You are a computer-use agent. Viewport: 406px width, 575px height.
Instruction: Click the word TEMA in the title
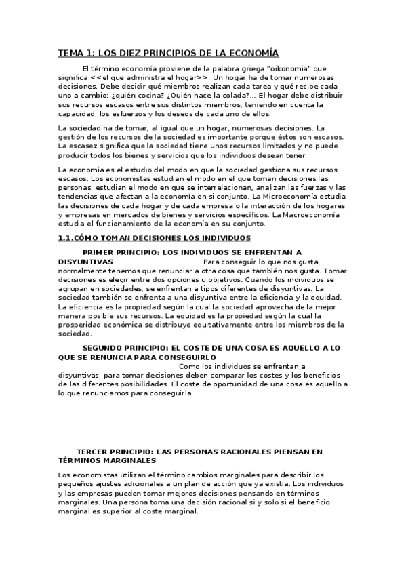pos(69,53)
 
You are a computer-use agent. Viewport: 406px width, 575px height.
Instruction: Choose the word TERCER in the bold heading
pos(94,451)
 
